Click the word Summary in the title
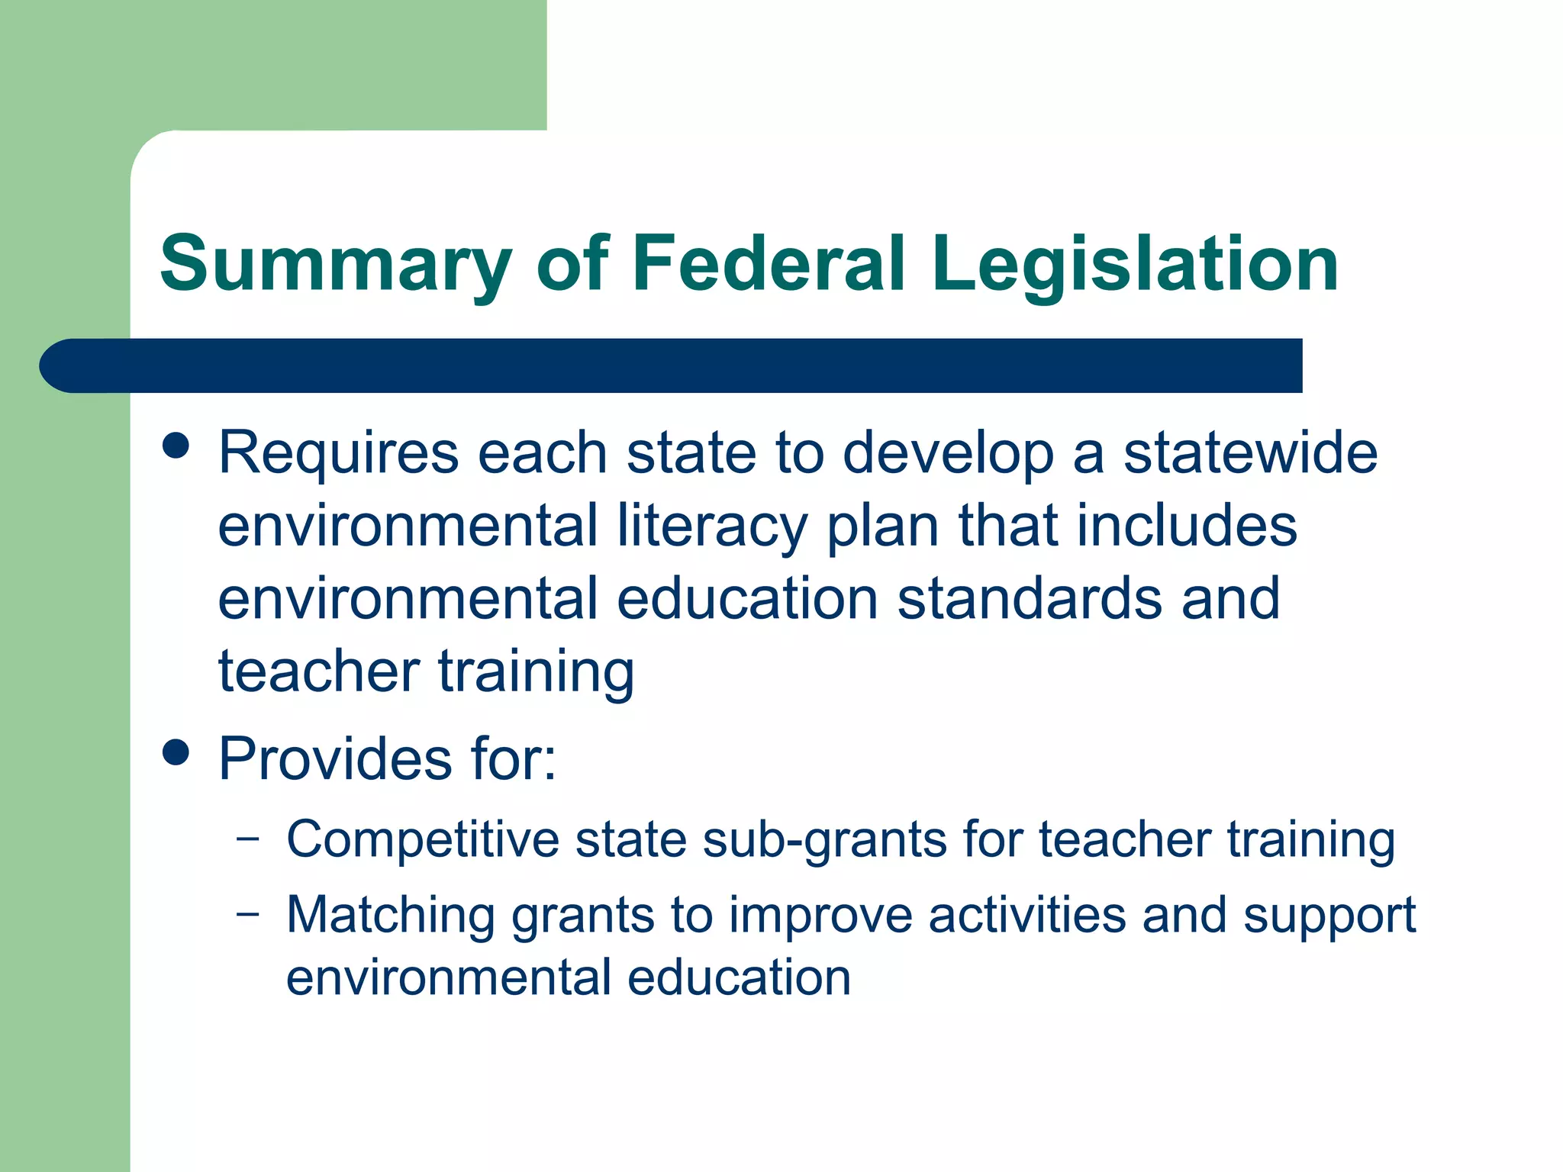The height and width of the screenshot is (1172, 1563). click(336, 264)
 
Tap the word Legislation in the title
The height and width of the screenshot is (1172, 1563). click(1134, 264)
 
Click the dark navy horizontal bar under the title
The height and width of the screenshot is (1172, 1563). click(672, 365)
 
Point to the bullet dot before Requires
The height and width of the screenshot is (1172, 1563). click(176, 446)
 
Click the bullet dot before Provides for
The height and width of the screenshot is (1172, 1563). click(176, 752)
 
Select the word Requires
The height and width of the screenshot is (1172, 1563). click(339, 453)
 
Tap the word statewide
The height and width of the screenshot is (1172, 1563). click(1250, 453)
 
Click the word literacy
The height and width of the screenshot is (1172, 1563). click(712, 526)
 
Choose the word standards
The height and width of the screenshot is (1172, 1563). click(1030, 598)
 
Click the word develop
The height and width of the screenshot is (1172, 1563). click(948, 453)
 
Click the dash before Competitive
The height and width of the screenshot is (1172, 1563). click(247, 838)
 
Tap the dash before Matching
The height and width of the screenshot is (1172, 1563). click(247, 913)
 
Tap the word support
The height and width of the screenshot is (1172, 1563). click(1329, 916)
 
